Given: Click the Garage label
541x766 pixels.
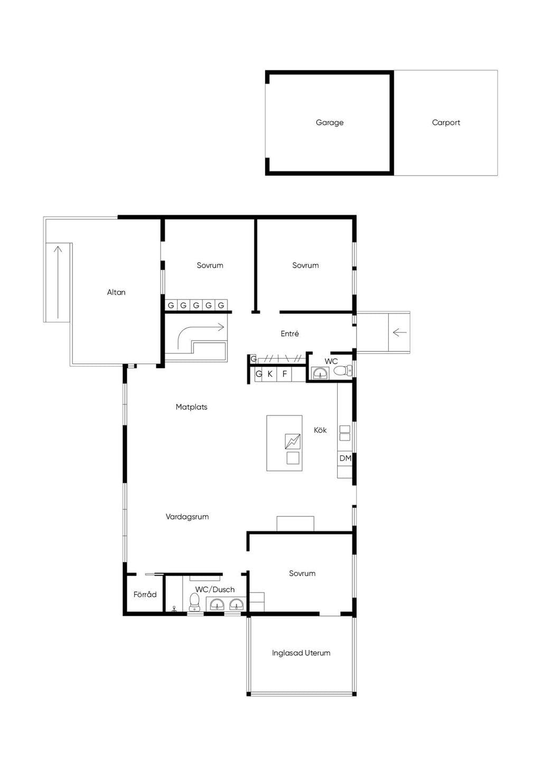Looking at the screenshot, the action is click(x=330, y=123).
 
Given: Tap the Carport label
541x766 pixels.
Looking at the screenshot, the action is click(x=446, y=123).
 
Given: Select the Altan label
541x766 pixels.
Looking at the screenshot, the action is click(x=116, y=293).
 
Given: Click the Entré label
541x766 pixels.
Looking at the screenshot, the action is click(x=290, y=333).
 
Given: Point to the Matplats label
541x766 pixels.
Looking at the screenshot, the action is click(x=191, y=407).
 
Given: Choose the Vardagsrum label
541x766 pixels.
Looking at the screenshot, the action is click(x=187, y=517).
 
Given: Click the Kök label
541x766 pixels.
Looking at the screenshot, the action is click(x=320, y=430).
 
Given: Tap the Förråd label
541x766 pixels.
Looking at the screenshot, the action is click(x=145, y=594).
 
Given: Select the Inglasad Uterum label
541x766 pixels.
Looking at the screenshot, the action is click(x=301, y=653).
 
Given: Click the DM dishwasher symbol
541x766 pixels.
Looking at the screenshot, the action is click(x=345, y=458).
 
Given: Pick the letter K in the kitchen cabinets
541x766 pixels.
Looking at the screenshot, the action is click(x=270, y=374).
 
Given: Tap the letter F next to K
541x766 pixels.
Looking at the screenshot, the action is click(x=285, y=374).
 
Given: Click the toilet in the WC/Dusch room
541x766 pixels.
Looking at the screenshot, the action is click(x=194, y=601).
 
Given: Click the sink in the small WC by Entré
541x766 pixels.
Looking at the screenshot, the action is click(x=320, y=373).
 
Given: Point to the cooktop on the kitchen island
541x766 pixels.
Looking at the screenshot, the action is click(x=293, y=442).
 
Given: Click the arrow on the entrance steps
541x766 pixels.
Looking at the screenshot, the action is click(x=399, y=332).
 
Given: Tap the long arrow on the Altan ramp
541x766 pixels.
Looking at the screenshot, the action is click(x=58, y=282).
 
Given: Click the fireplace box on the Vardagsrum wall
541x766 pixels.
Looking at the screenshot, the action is click(x=295, y=524).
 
